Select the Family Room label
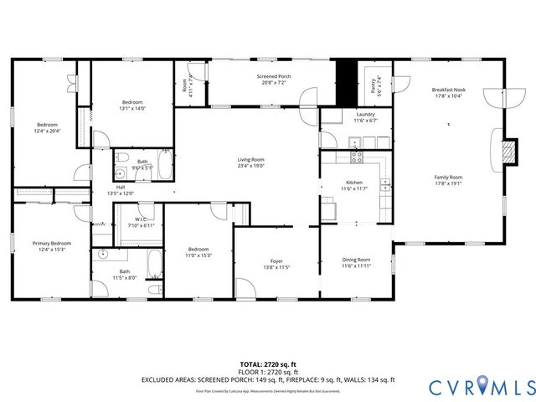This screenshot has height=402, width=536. pos(448,177)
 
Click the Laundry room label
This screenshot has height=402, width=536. pos(364,115)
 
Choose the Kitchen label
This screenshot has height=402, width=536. pos(355,183)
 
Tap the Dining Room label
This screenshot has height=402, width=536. pos(356,260)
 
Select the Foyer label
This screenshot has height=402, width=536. pos(276,260)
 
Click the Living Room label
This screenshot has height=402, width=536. pos(250,160)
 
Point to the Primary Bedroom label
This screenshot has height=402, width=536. pos(52,244)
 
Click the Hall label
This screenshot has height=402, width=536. pos(121,188)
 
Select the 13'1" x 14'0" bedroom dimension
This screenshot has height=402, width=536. pos(132,108)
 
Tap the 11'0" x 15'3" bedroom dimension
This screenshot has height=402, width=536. pos(198,255)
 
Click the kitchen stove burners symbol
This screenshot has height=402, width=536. pos(355,155)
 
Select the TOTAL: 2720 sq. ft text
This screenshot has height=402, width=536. pos(267,364)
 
